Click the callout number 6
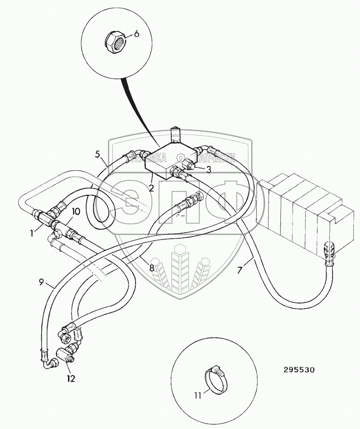(x=137, y=33)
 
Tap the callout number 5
(x=98, y=154)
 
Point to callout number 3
(x=209, y=169)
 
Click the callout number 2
(x=151, y=188)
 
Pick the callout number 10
(x=76, y=211)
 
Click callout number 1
(x=32, y=233)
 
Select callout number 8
(x=151, y=267)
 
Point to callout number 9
(x=41, y=282)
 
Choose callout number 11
(x=198, y=395)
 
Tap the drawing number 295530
(x=299, y=370)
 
